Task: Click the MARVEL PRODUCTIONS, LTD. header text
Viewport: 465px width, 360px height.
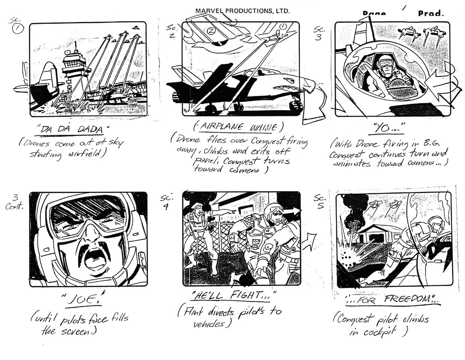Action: pos(242,11)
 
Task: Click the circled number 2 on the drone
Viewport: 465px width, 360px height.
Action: pos(211,31)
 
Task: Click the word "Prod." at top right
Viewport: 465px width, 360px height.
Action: pos(430,14)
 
